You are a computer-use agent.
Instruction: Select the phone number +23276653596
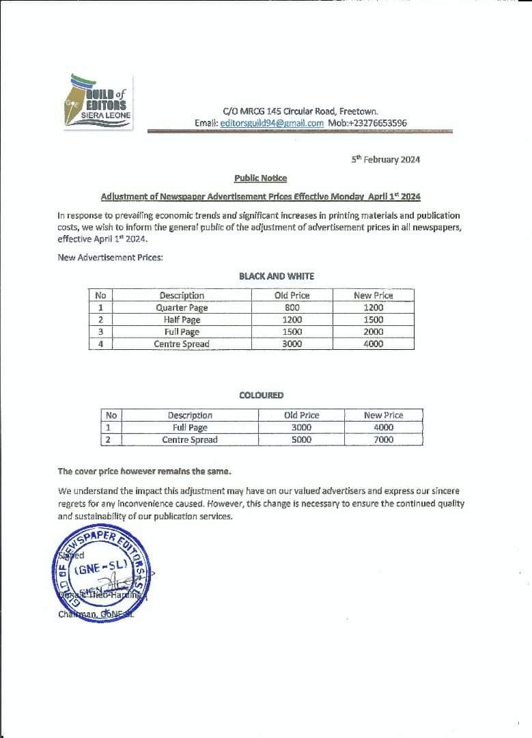376,123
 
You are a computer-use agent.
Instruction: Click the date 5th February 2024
386,159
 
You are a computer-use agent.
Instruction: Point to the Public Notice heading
260,178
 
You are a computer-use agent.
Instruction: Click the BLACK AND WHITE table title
277,276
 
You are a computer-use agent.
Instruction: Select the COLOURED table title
261,395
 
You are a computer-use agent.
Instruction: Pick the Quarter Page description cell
182,307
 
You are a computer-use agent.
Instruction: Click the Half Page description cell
182,320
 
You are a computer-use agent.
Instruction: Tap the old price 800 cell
292,307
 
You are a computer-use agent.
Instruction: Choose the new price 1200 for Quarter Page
374,307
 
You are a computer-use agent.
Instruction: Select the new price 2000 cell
374,331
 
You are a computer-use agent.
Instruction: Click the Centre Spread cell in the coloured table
190,439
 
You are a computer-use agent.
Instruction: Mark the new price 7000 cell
384,439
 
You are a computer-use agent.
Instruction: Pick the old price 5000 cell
301,439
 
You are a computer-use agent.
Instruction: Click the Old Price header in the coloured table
301,415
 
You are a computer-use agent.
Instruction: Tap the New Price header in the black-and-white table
374,295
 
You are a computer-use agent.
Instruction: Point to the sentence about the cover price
144,471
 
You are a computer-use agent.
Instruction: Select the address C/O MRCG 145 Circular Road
300,111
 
